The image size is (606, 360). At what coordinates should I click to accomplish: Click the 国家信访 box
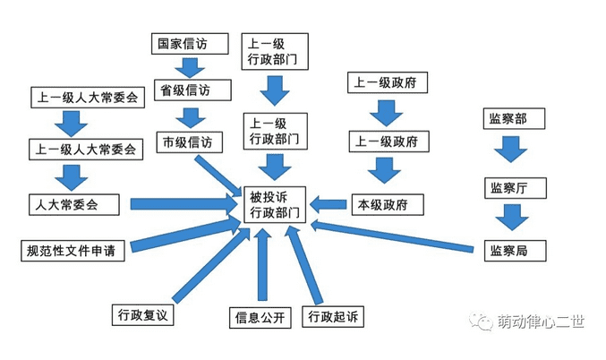(187, 43)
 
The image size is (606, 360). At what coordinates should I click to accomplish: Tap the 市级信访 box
(187, 141)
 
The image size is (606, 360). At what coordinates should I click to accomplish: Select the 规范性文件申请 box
(72, 251)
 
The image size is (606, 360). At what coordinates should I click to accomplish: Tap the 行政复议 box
(143, 315)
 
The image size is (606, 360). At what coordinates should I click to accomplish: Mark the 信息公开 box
(259, 318)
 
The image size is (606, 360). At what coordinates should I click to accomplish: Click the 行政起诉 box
(332, 318)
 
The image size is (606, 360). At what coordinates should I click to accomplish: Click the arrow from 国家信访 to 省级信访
(189, 67)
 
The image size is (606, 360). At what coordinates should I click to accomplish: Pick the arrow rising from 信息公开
(261, 264)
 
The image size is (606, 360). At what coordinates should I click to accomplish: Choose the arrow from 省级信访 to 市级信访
(189, 116)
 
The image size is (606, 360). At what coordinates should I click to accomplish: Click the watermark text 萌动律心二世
(539, 321)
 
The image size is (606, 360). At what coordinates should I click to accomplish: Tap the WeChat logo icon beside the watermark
(482, 321)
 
